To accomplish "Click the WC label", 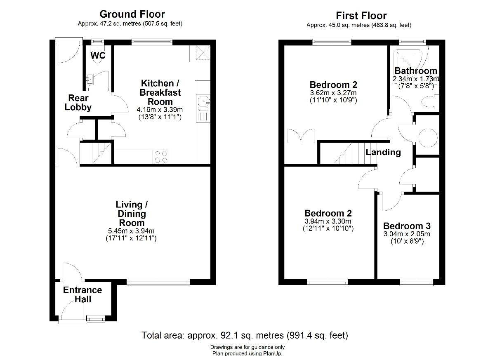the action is pyautogui.click(x=98, y=55).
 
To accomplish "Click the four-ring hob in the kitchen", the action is pyautogui.click(x=161, y=156).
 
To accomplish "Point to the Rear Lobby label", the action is pyautogui.click(x=78, y=103).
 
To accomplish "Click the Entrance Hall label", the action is pyautogui.click(x=82, y=294).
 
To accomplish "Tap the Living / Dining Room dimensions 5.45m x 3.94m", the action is pyautogui.click(x=131, y=231).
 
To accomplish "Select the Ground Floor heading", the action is pyautogui.click(x=132, y=14).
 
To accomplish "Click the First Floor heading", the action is pyautogui.click(x=361, y=15).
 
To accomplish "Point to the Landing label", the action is pyautogui.click(x=383, y=152).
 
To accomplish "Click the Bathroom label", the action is pyautogui.click(x=416, y=71).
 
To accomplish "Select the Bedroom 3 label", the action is pyautogui.click(x=407, y=226).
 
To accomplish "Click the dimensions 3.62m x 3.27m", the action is pyautogui.click(x=333, y=93).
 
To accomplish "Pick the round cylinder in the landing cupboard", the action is pyautogui.click(x=428, y=137).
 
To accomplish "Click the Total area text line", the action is pyautogui.click(x=245, y=335).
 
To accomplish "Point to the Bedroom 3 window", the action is pyautogui.click(x=416, y=282).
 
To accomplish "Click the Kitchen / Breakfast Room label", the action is pyautogui.click(x=160, y=92).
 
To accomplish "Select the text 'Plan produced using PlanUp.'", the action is pyautogui.click(x=247, y=353).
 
